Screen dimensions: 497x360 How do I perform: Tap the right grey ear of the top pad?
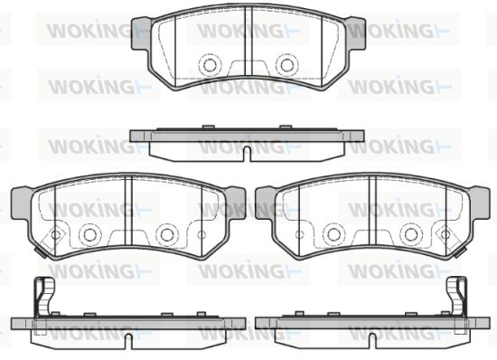(356, 33)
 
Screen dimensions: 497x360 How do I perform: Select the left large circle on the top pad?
(210, 65)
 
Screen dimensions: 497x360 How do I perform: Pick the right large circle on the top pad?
(287, 65)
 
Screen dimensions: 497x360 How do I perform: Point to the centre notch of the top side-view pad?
(248, 154)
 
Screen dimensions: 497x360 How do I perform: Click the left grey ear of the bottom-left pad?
(21, 203)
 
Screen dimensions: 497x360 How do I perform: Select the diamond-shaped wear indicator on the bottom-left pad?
(55, 235)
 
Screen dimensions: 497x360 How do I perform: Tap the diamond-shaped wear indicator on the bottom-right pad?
(445, 235)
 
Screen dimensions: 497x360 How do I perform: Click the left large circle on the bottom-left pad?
(89, 234)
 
